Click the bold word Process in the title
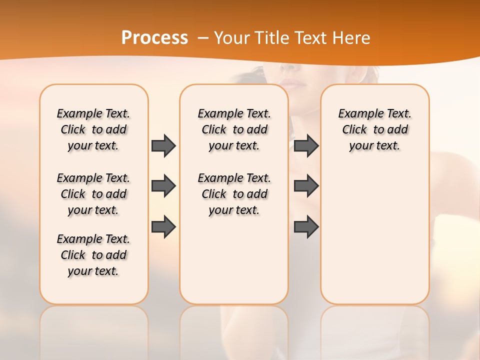(x=154, y=37)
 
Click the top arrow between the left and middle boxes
(x=163, y=145)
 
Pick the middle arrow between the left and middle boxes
(x=163, y=186)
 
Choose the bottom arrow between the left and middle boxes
(x=163, y=227)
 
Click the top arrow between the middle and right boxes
(x=306, y=145)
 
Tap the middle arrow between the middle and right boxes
(x=306, y=186)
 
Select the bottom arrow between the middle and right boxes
(x=306, y=227)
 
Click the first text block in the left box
(x=93, y=129)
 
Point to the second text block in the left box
(x=93, y=194)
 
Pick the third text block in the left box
(x=93, y=255)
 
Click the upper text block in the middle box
(x=234, y=129)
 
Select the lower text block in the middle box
(x=234, y=194)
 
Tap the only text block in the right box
(x=374, y=129)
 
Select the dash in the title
(x=203, y=38)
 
